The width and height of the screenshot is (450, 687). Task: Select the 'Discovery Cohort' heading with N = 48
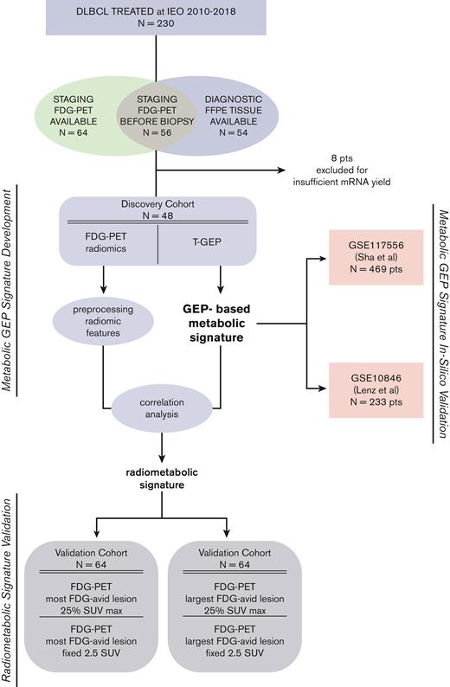156,210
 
